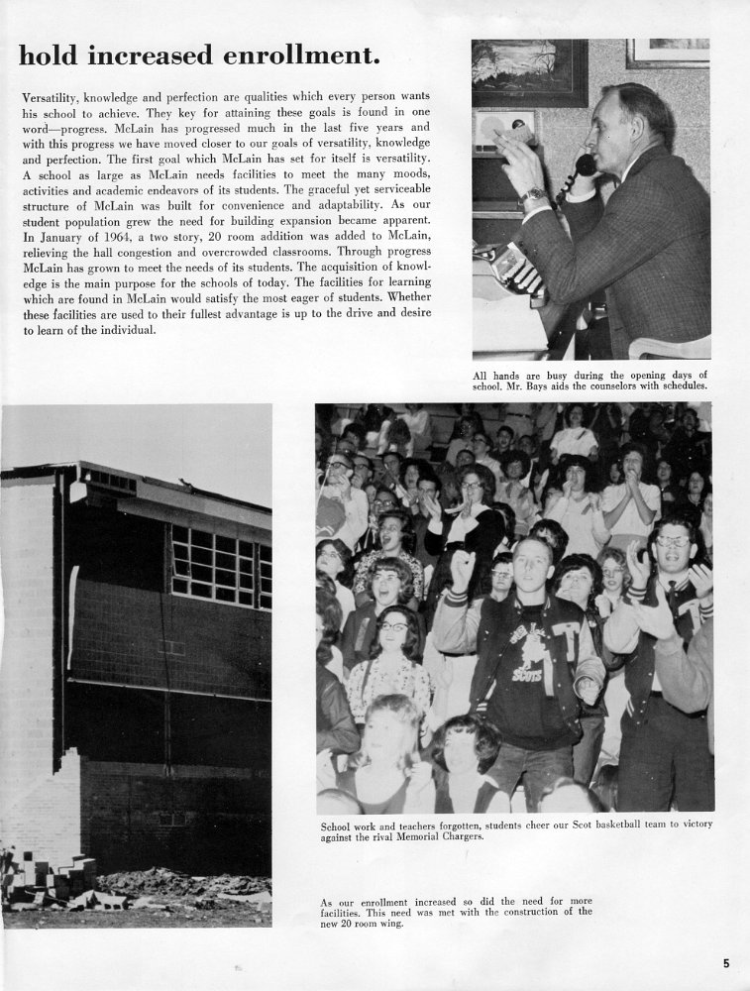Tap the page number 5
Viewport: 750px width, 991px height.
point(726,962)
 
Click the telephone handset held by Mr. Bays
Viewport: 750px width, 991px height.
point(585,164)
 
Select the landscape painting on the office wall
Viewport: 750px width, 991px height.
point(529,71)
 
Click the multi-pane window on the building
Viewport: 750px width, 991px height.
point(220,566)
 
